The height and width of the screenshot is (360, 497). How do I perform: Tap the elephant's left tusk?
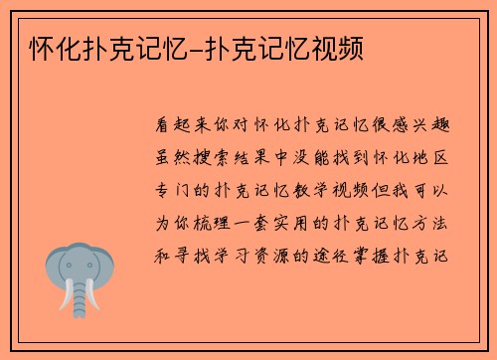67,298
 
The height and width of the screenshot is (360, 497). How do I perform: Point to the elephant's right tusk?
92,298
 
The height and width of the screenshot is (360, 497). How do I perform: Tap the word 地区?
436,158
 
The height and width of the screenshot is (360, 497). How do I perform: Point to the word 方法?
436,222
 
